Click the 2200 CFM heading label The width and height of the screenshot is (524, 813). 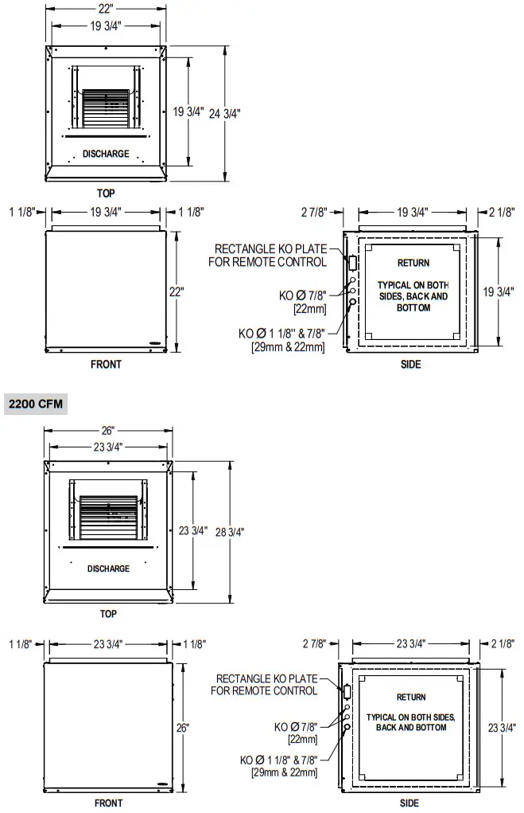click(34, 404)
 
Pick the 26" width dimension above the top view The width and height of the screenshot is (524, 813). click(108, 431)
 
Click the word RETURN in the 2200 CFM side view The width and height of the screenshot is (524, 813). click(411, 698)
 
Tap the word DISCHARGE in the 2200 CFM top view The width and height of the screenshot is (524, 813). click(108, 569)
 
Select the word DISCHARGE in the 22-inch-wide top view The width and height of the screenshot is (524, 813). click(106, 154)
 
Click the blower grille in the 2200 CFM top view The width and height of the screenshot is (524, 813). click(108, 518)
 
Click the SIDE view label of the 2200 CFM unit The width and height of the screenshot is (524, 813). click(409, 803)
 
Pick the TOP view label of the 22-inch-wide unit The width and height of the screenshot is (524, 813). click(106, 193)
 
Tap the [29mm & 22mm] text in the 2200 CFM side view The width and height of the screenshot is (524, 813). click(285, 772)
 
